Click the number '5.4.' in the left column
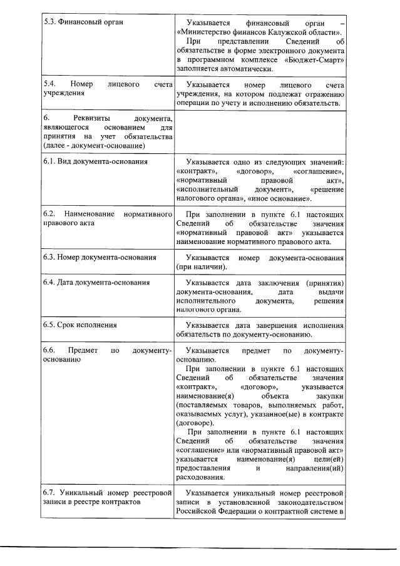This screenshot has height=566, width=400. coord(51,84)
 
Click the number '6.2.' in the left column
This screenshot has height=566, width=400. coord(51,215)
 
